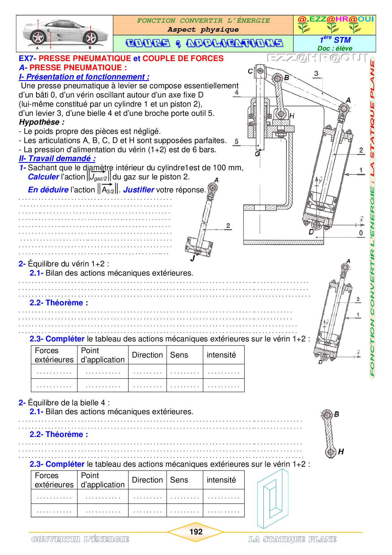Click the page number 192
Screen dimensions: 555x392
(x=196, y=532)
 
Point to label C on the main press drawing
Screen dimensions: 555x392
(x=250, y=72)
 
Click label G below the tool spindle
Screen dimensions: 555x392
(x=257, y=154)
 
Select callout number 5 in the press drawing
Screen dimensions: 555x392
(x=236, y=141)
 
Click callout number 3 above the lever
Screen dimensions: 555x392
(x=316, y=73)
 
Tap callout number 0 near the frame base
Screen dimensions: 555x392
(x=361, y=233)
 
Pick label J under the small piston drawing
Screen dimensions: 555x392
(x=193, y=258)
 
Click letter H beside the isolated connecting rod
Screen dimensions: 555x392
(x=341, y=452)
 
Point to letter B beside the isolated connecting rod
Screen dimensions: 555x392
(x=337, y=414)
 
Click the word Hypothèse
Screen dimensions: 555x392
(x=42, y=122)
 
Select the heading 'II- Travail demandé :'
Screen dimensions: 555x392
(x=57, y=159)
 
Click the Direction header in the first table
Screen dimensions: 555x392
(x=147, y=355)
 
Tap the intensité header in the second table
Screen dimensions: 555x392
(x=221, y=480)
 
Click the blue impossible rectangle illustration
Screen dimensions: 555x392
(x=273, y=499)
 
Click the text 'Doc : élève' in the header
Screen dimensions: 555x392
(x=335, y=48)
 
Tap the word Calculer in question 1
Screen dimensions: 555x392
(x=44, y=177)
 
